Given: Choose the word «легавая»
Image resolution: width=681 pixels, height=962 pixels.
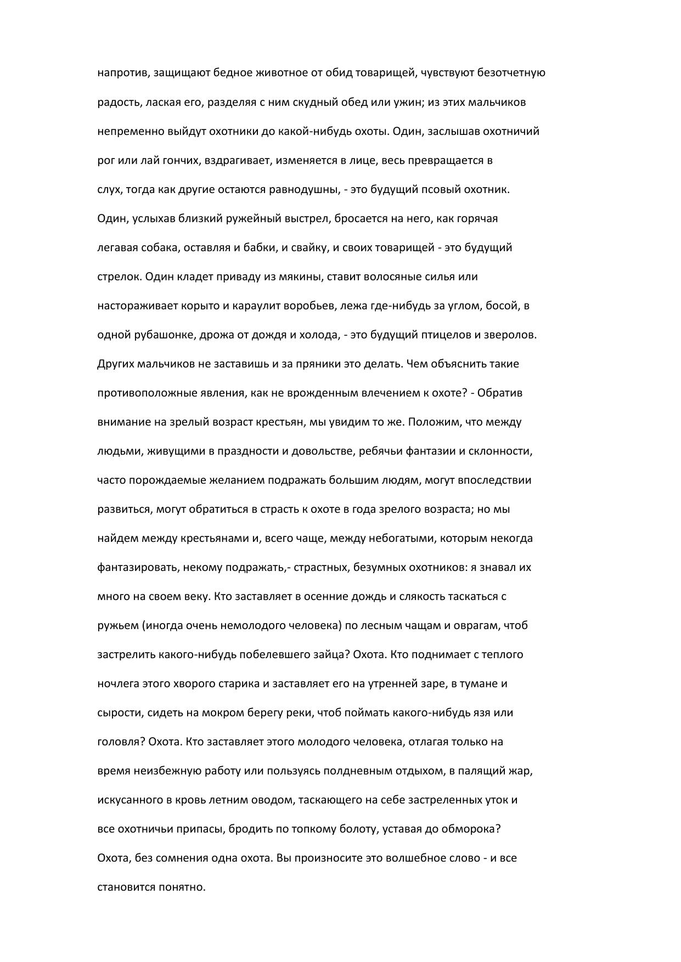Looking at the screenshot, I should (x=117, y=247).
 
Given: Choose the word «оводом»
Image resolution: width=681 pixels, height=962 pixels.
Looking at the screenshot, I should (x=276, y=800).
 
